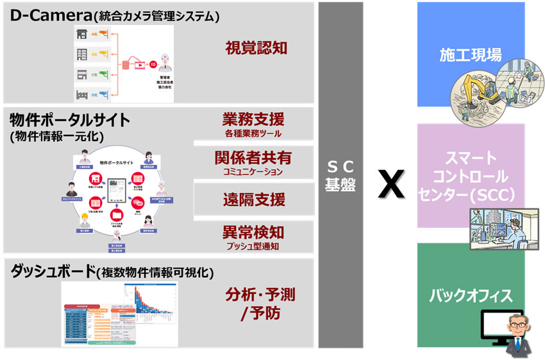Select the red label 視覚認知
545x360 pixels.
coord(255,48)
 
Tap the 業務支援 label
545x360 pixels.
coord(253,119)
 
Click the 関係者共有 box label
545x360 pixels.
coord(253,158)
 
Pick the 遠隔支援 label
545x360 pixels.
coord(253,200)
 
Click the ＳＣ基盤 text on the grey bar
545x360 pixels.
coord(340,175)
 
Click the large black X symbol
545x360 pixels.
coord(390,184)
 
